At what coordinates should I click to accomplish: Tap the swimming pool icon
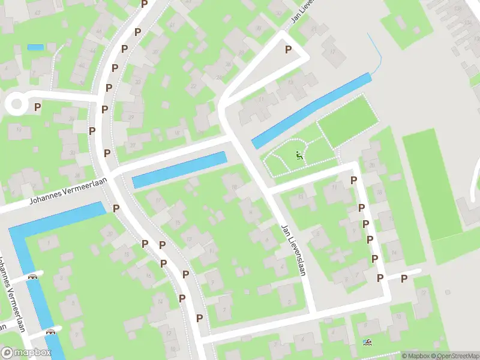(x=367, y=343)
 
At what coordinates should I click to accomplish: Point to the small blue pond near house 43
(x=35, y=47)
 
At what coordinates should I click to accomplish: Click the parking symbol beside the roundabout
(x=37, y=107)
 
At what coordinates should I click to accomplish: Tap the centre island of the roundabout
(x=16, y=104)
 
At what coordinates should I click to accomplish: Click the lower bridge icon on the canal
(x=51, y=331)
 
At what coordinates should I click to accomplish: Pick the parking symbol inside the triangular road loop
(x=288, y=50)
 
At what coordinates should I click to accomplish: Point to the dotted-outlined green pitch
(x=348, y=121)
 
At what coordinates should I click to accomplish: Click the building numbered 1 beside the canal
(x=48, y=243)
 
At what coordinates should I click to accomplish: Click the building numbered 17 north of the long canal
(x=332, y=52)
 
